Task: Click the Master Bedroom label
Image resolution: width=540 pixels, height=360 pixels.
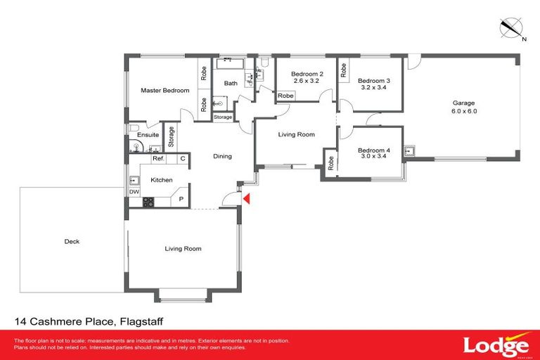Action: [165, 91]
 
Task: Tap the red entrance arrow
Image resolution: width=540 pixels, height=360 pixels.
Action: [245, 200]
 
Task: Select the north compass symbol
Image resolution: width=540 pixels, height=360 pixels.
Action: [510, 29]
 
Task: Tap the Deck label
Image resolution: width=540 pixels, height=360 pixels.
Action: [72, 241]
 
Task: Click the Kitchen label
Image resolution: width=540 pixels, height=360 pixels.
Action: [162, 180]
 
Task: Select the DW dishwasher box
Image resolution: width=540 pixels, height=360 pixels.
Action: [134, 191]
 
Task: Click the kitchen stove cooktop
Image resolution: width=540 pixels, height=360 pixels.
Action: [148, 202]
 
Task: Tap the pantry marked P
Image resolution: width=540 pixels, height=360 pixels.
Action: [181, 199]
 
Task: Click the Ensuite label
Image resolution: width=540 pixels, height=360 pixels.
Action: [148, 134]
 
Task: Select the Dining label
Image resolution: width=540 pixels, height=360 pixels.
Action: [222, 156]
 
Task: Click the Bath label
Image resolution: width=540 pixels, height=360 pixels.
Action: [231, 84]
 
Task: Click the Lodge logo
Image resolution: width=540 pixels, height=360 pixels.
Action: [496, 345]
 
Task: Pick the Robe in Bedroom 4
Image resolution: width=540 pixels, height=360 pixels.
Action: [330, 162]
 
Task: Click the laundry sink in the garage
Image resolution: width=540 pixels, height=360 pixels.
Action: [410, 150]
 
